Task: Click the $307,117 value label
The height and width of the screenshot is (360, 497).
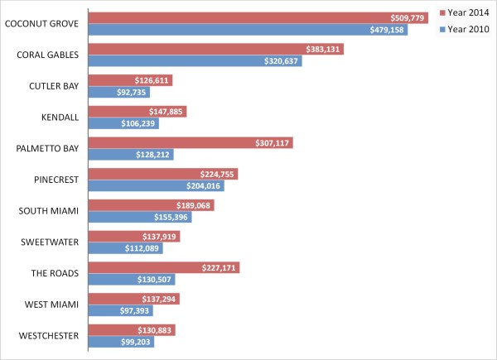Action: [x=273, y=143]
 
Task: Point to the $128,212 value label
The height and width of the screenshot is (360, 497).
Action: [x=154, y=154]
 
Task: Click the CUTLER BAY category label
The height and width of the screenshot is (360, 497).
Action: [x=54, y=86]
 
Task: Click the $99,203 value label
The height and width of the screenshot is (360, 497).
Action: [x=135, y=341]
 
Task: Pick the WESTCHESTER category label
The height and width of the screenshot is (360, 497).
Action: [x=48, y=335]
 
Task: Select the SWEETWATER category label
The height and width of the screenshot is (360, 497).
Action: [x=50, y=242]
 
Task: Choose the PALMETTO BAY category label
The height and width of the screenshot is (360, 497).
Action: [x=47, y=148]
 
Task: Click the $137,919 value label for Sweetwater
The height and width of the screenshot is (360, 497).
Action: [x=162, y=237]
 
